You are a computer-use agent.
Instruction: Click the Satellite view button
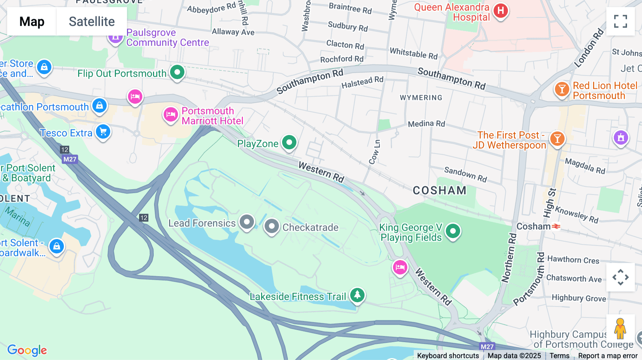tap(92, 21)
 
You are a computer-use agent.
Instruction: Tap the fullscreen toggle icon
tap(620, 21)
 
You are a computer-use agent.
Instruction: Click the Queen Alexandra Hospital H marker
tap(500, 11)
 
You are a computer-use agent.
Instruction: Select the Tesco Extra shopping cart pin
tap(103, 132)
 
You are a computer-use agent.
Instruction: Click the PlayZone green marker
tap(289, 143)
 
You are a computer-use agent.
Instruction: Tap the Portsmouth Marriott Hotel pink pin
tap(170, 115)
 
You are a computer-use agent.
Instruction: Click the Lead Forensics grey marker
tap(246, 222)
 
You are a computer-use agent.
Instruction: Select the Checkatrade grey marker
tap(272, 226)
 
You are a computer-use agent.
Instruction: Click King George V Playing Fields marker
tap(453, 231)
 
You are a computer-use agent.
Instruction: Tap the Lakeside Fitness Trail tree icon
tap(357, 295)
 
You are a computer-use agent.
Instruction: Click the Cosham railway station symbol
tap(556, 226)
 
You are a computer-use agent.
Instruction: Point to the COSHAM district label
tap(439, 191)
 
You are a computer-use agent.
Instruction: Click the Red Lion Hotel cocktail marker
tap(562, 89)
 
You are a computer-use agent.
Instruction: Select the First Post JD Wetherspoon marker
tap(557, 138)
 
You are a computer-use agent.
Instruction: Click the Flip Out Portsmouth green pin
tap(177, 72)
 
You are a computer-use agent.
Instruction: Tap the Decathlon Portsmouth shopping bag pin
tap(100, 106)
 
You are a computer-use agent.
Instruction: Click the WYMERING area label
tap(421, 98)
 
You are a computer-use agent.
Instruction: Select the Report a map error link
tap(608, 356)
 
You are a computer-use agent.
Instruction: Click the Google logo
tap(27, 350)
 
